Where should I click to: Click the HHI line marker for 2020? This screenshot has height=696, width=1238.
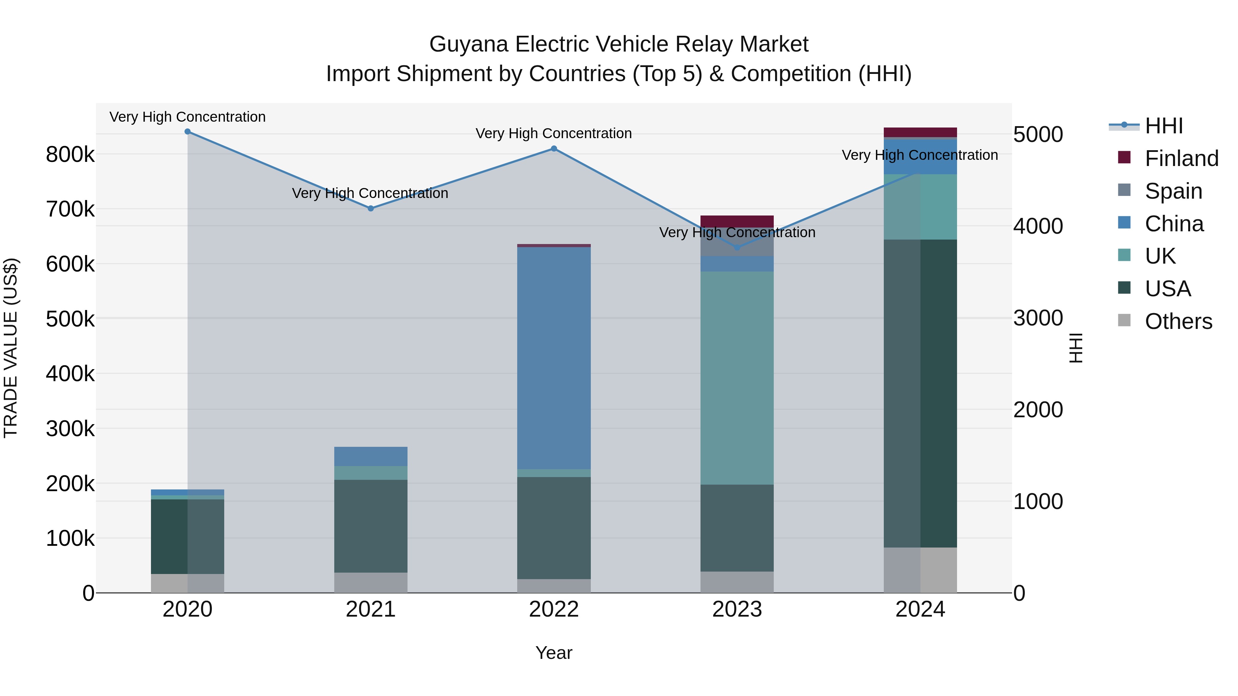click(x=187, y=132)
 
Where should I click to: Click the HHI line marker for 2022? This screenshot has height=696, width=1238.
click(x=554, y=149)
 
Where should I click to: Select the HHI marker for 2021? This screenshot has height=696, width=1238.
click(x=370, y=209)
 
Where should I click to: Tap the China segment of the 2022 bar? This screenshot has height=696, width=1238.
click(x=554, y=358)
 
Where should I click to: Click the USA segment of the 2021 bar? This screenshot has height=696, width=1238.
click(x=370, y=526)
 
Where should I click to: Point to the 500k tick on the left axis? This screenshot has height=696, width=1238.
click(x=70, y=319)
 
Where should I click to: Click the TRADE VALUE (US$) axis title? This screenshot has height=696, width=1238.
click(x=11, y=348)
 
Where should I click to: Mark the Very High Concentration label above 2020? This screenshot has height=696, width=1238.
click(x=187, y=117)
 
